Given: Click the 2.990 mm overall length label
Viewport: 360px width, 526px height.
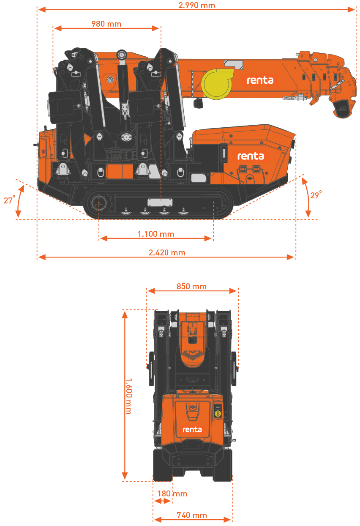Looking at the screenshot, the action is pyautogui.click(x=196, y=5).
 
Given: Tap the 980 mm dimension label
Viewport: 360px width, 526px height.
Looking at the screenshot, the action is pyautogui.click(x=106, y=24).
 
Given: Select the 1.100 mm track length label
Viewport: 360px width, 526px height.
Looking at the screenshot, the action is pyautogui.click(x=156, y=234).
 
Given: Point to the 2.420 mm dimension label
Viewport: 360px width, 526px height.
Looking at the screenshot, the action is pyautogui.click(x=167, y=252).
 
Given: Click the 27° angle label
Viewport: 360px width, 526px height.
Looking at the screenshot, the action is pyautogui.click(x=10, y=200).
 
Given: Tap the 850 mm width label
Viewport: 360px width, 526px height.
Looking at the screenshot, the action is pyautogui.click(x=191, y=286).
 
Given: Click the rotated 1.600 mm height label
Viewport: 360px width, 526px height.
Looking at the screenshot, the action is pyautogui.click(x=129, y=396).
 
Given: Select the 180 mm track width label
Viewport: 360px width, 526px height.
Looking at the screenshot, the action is pyautogui.click(x=172, y=493).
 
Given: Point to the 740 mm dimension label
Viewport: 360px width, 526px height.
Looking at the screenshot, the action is pyautogui.click(x=192, y=515).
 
